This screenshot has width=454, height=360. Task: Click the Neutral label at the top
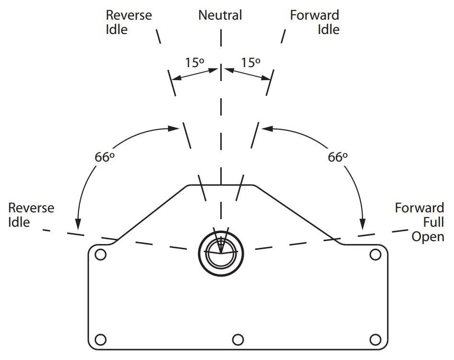coord(220,15)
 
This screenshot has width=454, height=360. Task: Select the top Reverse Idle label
coord(128,22)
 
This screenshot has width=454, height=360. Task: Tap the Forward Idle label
coord(315,22)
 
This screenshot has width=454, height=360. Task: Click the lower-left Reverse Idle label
coord(31,215)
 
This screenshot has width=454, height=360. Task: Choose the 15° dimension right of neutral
coord(250,63)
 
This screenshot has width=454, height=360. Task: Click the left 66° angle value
coord(104,158)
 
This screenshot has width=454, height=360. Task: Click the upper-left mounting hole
coord(100,255)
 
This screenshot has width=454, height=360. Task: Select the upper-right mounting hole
coord(375,255)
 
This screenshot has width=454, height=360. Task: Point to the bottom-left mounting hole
coord(100,339)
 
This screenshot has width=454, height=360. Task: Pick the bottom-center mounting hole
coord(238,339)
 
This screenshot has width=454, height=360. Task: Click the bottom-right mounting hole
coord(375,339)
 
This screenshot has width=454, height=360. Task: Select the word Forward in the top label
coord(315,15)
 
